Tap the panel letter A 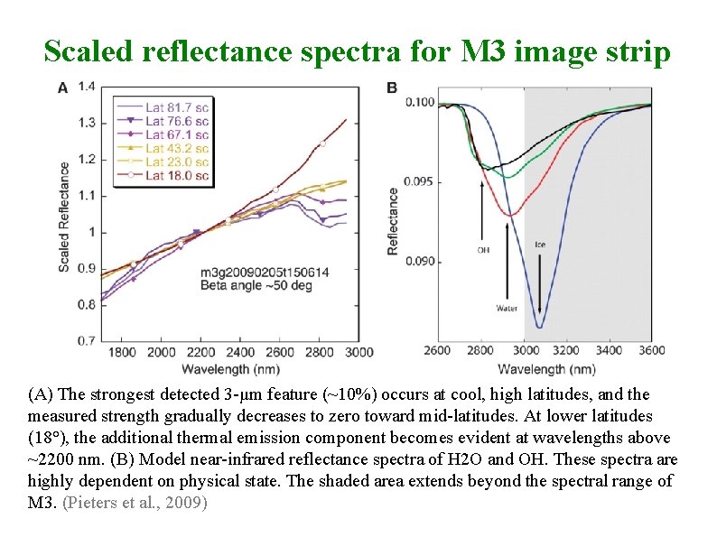point(62,88)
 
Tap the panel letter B point(392,88)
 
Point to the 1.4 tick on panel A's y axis point(87,87)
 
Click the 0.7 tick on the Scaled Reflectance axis point(87,341)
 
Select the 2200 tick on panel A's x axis point(201,352)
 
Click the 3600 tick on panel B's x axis point(651,350)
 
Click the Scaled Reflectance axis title point(64,217)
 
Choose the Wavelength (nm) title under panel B point(546,369)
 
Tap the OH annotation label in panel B point(482,250)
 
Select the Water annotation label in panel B point(507,308)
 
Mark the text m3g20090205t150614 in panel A point(252,272)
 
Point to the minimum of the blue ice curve point(539,327)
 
